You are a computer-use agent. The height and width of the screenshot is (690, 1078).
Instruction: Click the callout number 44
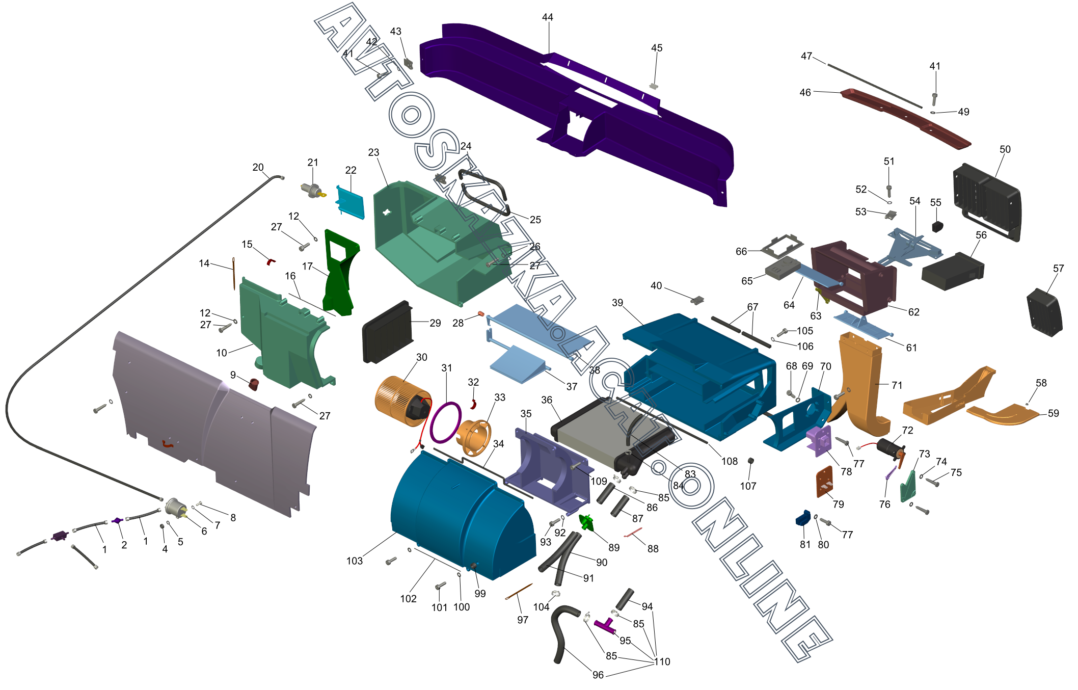point(548,17)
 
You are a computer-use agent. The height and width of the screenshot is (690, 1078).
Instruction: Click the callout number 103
point(355,561)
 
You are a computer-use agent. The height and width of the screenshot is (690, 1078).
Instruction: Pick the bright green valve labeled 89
point(586,522)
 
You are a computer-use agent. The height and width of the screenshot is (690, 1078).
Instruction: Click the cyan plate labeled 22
point(351,202)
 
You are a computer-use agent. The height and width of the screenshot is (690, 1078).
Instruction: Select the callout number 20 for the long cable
point(258,167)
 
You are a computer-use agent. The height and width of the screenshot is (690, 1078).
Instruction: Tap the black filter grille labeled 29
point(387,332)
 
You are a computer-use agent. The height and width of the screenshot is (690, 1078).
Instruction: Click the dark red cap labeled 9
point(253,384)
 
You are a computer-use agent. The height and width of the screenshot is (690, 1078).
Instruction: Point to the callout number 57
point(1059,268)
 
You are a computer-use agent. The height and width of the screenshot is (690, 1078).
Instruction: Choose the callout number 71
point(897,385)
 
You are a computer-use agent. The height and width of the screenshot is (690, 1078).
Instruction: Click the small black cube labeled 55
point(938,226)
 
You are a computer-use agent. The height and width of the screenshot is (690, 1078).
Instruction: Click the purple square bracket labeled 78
point(819,441)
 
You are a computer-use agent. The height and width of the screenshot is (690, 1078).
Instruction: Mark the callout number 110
point(662,661)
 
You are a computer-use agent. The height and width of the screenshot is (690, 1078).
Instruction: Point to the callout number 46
point(805,92)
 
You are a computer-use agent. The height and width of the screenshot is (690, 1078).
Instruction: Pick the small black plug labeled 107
point(750,461)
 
